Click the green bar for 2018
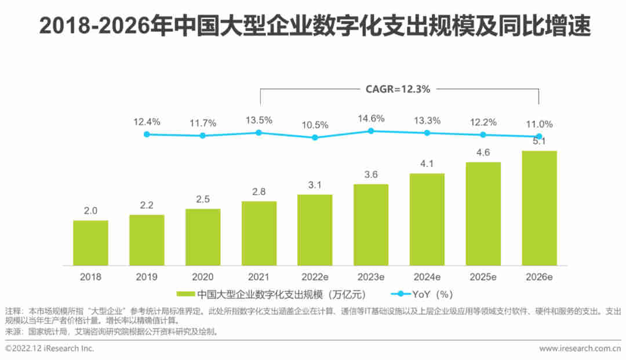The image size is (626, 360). [x=90, y=243]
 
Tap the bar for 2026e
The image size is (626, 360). [x=539, y=208]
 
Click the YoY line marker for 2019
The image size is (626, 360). [x=203, y=136]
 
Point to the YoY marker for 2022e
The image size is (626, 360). [x=315, y=137]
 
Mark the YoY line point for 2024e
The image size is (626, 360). [x=427, y=133]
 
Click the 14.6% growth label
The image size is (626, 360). [x=372, y=119]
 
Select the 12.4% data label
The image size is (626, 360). [x=147, y=122]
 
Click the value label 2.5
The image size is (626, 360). [x=203, y=199]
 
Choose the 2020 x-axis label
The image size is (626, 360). [x=203, y=277]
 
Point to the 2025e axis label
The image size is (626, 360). [x=483, y=277]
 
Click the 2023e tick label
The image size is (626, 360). [x=371, y=277]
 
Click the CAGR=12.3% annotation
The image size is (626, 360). [x=397, y=89]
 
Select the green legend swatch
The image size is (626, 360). [x=185, y=294]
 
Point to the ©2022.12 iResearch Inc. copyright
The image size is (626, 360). [x=49, y=348]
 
